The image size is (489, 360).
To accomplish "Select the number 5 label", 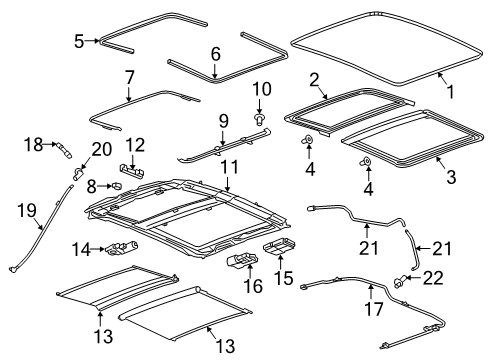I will coord(80,41).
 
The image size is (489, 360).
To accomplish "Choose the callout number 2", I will coord(314,78).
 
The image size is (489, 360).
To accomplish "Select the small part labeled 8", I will coord(116,186).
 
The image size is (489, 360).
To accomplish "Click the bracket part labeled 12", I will coord(132,171).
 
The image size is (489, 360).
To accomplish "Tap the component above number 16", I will coord(241,261).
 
